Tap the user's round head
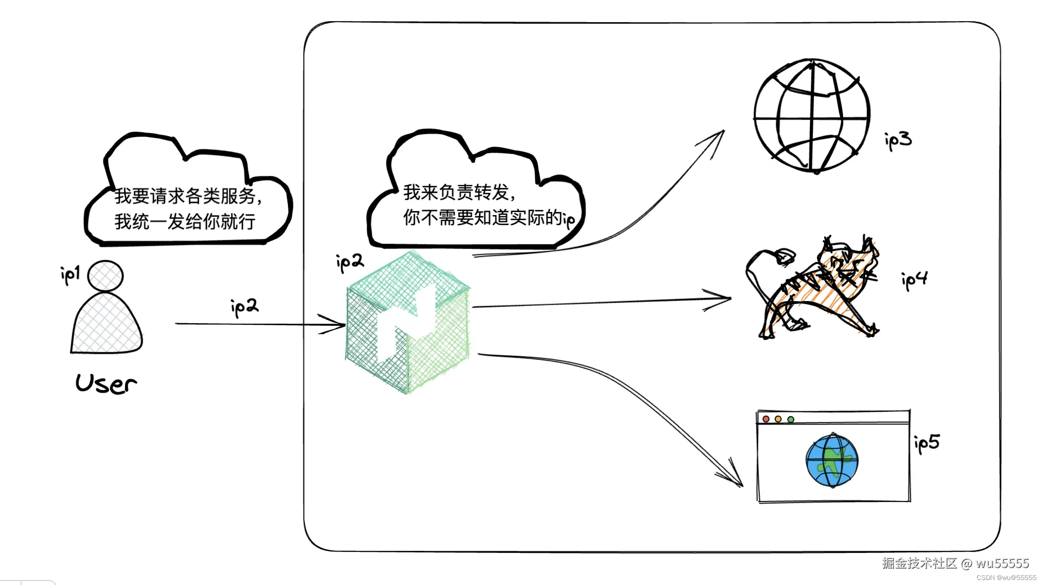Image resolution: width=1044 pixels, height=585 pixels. pos(105,276)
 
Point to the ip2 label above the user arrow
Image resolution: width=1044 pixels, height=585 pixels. pos(244,307)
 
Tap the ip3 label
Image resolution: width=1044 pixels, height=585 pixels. pos(898,140)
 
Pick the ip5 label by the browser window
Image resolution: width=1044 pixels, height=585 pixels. pos(926,443)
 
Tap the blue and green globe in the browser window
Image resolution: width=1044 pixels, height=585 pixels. pos(832,460)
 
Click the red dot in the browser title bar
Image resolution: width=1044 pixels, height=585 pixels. pos(766,419)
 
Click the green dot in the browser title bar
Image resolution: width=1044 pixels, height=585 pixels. pos(791,419)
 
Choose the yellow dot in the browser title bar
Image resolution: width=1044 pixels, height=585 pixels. pos(778,419)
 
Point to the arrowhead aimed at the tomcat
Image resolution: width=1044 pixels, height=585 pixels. pos(723,299)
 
